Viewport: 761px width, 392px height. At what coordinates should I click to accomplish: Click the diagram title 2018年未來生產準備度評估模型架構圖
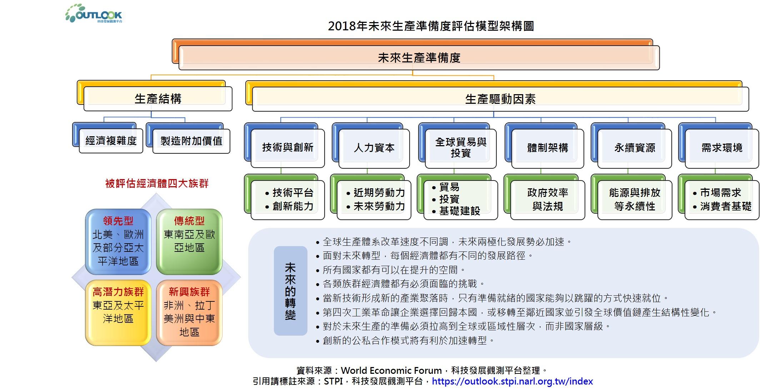pyautogui.click(x=431, y=26)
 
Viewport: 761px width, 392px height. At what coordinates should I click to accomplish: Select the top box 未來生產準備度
pyautogui.click(x=419, y=58)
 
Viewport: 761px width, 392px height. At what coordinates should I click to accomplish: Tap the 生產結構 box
pyautogui.click(x=158, y=99)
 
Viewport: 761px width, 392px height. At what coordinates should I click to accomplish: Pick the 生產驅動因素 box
pyautogui.click(x=500, y=99)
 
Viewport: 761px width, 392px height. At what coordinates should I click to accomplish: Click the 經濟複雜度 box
pyautogui.click(x=111, y=141)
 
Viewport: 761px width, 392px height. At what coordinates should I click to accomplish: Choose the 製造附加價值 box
pyautogui.click(x=191, y=141)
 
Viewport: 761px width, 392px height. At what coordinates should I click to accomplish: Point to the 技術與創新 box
pyautogui.click(x=287, y=148)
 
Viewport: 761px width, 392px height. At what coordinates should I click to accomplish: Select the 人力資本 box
pyautogui.click(x=374, y=148)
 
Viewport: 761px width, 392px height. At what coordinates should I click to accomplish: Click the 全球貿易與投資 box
pyautogui.click(x=461, y=148)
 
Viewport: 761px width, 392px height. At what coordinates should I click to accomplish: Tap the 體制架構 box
pyautogui.click(x=547, y=148)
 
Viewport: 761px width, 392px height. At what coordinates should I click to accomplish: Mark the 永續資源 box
pyautogui.click(x=635, y=148)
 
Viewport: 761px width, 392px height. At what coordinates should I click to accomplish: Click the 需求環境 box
pyautogui.click(x=722, y=148)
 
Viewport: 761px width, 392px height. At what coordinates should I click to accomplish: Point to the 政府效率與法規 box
pyautogui.click(x=547, y=199)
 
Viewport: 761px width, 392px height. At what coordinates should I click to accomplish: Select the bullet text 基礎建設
pyautogui.click(x=460, y=211)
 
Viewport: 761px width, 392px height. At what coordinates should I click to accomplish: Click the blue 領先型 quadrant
pyautogui.click(x=118, y=241)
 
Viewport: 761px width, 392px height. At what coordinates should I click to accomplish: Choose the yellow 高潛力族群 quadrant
pyautogui.click(x=118, y=312)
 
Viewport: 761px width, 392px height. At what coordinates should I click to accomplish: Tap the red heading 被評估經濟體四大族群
pyautogui.click(x=157, y=184)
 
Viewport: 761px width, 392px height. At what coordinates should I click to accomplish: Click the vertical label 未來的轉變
pyautogui.click(x=290, y=291)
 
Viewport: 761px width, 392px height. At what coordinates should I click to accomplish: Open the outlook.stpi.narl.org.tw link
pyautogui.click(x=512, y=381)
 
